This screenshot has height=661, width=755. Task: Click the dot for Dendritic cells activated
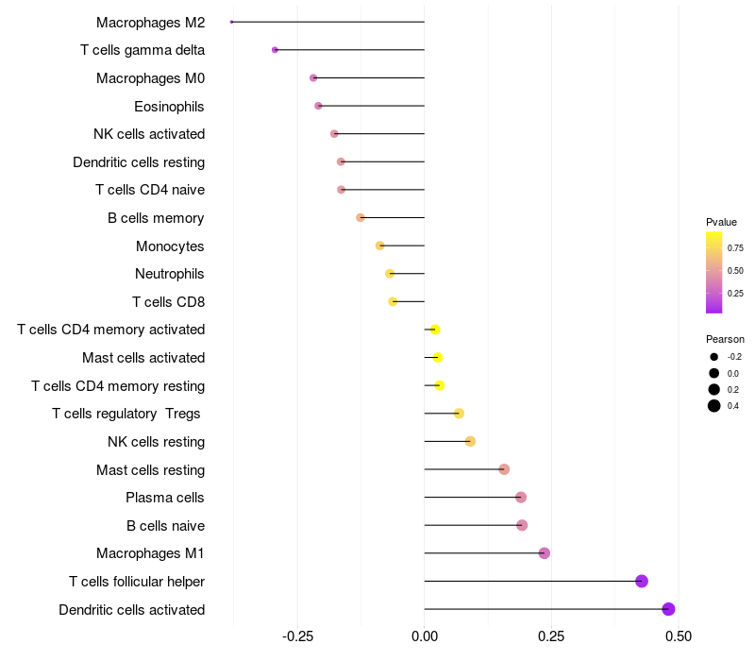point(668,609)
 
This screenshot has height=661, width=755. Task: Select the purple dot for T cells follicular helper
point(642,581)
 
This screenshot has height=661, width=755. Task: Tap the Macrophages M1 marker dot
point(544,553)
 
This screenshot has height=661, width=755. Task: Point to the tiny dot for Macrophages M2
point(232,22)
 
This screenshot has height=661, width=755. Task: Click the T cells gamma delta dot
point(275,50)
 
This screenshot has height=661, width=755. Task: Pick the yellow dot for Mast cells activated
point(438,358)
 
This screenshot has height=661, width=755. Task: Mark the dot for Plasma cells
point(521,498)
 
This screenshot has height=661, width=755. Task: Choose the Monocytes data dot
point(380,246)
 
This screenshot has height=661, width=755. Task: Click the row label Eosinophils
point(169,107)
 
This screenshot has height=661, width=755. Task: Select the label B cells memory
point(156,218)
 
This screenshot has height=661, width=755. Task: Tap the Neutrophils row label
point(170,274)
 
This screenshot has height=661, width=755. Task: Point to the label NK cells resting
point(156,442)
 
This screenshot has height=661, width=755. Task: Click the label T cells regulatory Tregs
point(128,414)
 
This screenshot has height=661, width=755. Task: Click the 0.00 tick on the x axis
point(425,636)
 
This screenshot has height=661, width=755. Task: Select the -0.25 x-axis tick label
point(298,636)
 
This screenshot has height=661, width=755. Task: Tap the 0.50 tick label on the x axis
point(679,636)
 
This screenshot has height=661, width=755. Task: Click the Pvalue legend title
point(721,222)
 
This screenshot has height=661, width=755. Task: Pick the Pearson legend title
point(725,339)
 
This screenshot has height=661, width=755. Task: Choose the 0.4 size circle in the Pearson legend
point(714,406)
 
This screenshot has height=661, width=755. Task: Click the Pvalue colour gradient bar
point(714,272)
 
